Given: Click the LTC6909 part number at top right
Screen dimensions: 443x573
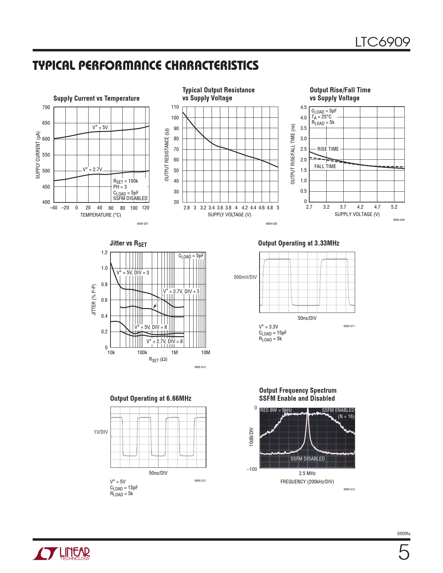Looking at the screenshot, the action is click(382, 42).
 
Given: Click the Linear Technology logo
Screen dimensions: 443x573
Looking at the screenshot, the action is click(61, 554).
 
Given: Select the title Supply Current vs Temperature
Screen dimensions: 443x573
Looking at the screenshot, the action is click(96, 98).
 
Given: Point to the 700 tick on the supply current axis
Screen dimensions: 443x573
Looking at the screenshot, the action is click(46, 107).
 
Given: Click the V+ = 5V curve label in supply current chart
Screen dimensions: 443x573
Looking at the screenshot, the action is click(100, 127).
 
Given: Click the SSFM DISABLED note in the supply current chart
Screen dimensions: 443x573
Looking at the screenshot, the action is click(130, 198).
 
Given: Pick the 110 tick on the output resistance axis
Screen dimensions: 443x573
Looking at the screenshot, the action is click(175, 107).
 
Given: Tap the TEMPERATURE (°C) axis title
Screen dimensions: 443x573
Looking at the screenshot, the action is click(100, 215).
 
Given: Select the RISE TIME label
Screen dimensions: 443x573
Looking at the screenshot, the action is click(328, 149).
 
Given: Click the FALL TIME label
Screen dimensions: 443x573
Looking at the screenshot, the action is click(325, 166).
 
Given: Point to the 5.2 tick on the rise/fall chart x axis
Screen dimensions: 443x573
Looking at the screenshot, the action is click(394, 207).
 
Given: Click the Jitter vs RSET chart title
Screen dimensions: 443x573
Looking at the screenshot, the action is click(128, 243).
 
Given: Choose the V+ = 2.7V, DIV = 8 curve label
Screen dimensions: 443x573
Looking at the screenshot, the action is click(165, 341).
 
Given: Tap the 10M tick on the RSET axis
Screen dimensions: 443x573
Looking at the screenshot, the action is click(206, 352).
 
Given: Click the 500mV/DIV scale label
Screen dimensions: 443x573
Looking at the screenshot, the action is click(245, 277).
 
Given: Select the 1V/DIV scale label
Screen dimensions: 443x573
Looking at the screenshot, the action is click(101, 432).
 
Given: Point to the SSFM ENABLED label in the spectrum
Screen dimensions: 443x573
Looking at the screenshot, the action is click(338, 410).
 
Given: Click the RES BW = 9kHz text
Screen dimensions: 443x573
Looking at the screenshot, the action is click(276, 410).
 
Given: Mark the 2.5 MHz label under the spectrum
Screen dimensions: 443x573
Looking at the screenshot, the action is click(307, 473).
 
